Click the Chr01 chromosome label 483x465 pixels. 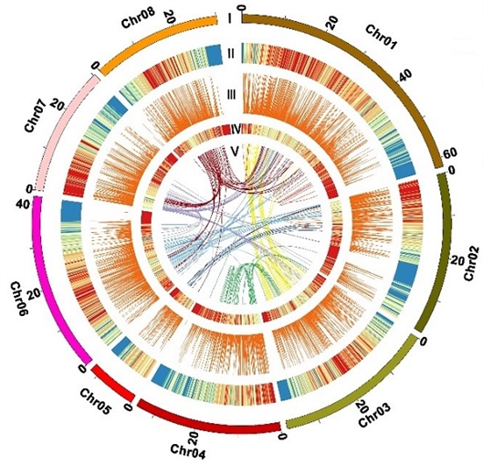point(381,37)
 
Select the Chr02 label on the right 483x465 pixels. point(471,263)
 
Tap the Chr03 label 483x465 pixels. point(374,416)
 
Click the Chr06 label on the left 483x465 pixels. point(18,298)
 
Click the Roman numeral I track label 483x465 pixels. point(230,19)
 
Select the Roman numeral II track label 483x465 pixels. point(231,54)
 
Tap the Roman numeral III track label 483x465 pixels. point(231,95)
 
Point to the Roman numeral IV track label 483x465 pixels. point(236,129)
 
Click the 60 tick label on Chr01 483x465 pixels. point(451,153)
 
